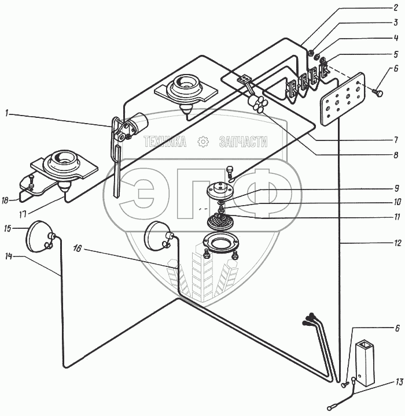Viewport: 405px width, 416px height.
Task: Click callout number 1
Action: click(x=7, y=114)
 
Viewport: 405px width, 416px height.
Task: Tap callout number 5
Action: click(x=395, y=54)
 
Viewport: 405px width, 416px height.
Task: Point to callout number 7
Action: click(x=395, y=140)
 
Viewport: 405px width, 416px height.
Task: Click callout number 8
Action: click(x=395, y=155)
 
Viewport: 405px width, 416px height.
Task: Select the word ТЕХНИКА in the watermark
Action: click(x=165, y=142)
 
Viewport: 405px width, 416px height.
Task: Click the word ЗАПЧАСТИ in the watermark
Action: click(x=244, y=142)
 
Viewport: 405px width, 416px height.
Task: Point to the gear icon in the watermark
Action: click(x=203, y=142)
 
